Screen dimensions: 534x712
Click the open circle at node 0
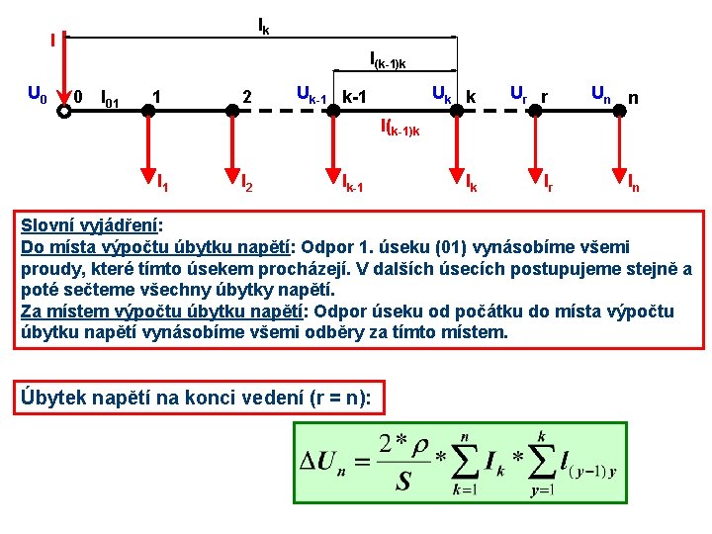[64, 111]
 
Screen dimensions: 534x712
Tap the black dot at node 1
[147, 111]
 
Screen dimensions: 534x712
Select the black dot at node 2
[232, 111]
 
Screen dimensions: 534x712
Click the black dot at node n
[619, 111]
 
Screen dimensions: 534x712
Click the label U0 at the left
[36, 96]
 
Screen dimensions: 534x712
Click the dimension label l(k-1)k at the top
[388, 62]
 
